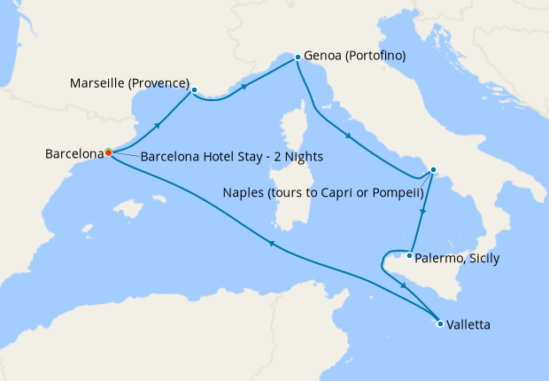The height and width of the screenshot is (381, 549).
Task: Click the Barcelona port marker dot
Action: [x=108, y=152]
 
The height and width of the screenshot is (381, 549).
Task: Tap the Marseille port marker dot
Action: [x=194, y=89]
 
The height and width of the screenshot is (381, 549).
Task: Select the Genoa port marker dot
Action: [x=297, y=57]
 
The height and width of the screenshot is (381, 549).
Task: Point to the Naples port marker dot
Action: [x=432, y=170]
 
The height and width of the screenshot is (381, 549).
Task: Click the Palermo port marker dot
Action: [x=408, y=256]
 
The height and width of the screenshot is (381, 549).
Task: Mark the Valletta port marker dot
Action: [x=440, y=323]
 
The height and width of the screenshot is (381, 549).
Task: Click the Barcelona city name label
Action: [x=74, y=154]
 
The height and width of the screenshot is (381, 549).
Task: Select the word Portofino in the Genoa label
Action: [x=375, y=56]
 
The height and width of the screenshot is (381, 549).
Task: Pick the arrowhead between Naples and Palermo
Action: [x=424, y=213]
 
